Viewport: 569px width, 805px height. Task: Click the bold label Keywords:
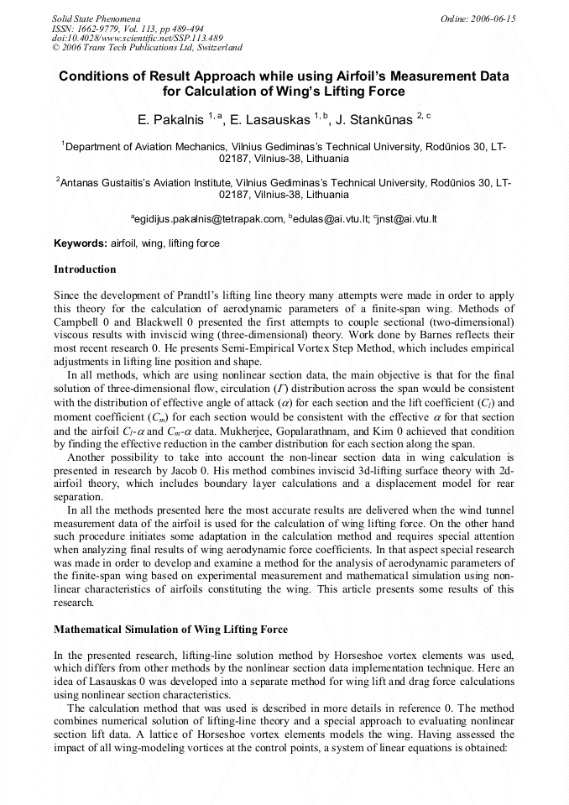pyautogui.click(x=81, y=243)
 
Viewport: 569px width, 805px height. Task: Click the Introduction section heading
pyautogui.click(x=85, y=269)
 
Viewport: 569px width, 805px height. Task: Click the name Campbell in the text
pyautogui.click(x=80, y=321)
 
